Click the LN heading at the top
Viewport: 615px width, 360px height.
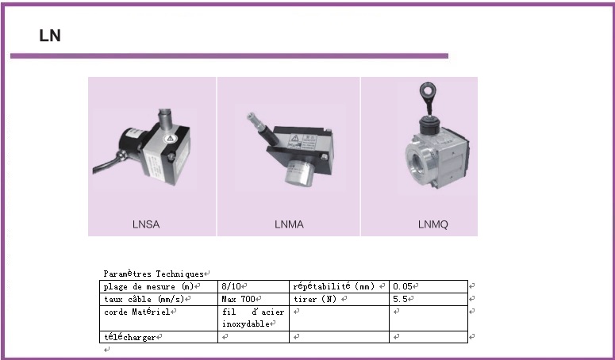coord(50,36)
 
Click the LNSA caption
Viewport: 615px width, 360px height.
coord(146,224)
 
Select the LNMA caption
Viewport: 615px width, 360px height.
coord(289,224)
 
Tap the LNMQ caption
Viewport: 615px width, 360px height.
coord(432,224)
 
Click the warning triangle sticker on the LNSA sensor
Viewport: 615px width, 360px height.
coord(170,138)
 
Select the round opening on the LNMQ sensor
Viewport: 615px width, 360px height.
coord(416,161)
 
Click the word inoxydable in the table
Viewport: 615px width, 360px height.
coord(246,324)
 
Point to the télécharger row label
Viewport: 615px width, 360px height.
coord(130,337)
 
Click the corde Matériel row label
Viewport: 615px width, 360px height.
coord(136,312)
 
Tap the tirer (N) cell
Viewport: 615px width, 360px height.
coord(315,299)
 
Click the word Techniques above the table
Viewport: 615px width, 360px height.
coord(180,274)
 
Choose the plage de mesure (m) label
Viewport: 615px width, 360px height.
coord(149,286)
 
